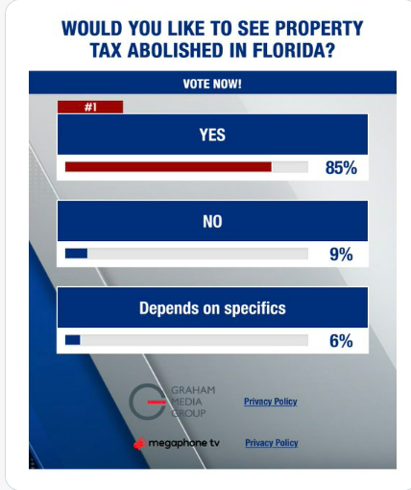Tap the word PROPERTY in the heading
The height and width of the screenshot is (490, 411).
(x=319, y=28)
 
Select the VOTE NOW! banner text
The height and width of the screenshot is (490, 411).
(x=212, y=84)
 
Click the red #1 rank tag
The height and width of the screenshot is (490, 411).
(x=90, y=107)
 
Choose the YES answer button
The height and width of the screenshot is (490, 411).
(x=212, y=135)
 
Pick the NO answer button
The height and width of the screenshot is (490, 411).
(x=212, y=221)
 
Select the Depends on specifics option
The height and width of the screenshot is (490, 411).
(x=212, y=307)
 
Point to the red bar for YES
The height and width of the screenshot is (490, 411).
(x=168, y=167)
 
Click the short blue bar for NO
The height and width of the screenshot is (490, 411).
(x=76, y=254)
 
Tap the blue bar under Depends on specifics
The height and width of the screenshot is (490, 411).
(x=73, y=340)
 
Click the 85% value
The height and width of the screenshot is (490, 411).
(x=341, y=167)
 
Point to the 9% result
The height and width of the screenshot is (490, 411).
(x=341, y=255)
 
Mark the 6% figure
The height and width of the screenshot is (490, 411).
(x=341, y=341)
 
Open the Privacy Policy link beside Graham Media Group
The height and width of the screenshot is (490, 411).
(x=271, y=402)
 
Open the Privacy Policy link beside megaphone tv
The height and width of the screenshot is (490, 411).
(x=272, y=443)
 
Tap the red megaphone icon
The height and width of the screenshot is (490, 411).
(x=140, y=444)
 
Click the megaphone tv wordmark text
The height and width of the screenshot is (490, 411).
(x=184, y=443)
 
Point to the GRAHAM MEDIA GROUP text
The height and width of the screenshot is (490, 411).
(x=193, y=402)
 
